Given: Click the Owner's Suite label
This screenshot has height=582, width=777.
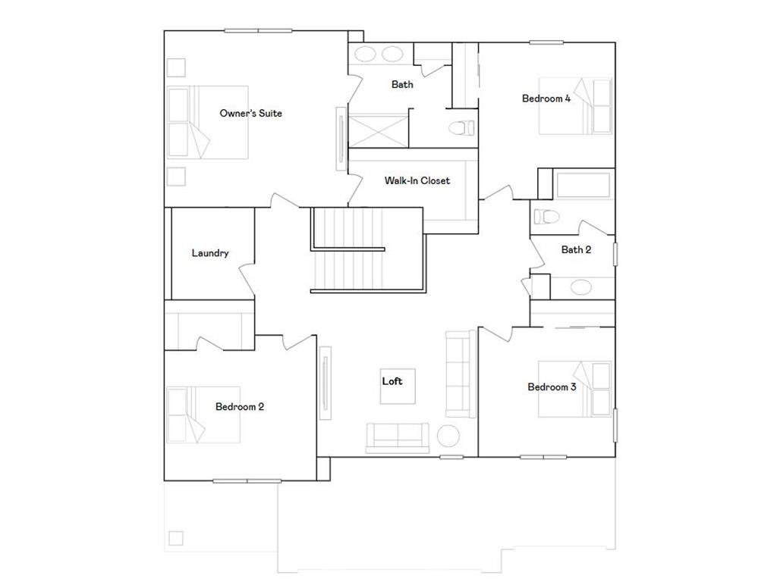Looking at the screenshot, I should click(x=250, y=114).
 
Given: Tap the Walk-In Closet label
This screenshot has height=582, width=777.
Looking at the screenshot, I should click(x=417, y=181).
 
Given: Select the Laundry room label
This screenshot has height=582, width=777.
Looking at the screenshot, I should click(x=210, y=253).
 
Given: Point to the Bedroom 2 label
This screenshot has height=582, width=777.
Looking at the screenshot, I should click(x=240, y=407).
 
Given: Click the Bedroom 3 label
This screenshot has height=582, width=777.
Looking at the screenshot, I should click(x=552, y=387).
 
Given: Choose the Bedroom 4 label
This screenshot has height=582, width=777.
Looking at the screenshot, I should click(x=546, y=99).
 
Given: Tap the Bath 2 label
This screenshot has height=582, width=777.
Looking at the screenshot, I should click(x=576, y=249).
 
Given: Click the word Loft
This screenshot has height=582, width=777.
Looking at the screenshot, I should click(x=392, y=381).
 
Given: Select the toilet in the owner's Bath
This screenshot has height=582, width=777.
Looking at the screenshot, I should click(x=461, y=127).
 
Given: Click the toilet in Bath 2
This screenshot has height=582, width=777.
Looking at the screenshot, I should click(x=546, y=217).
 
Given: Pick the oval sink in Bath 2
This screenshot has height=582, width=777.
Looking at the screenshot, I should click(x=582, y=287).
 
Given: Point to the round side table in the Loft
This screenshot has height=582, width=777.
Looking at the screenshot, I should click(x=448, y=436).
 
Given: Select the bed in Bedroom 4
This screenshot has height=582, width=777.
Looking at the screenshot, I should click(x=575, y=106).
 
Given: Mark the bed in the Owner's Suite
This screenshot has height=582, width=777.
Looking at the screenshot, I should click(x=209, y=122).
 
